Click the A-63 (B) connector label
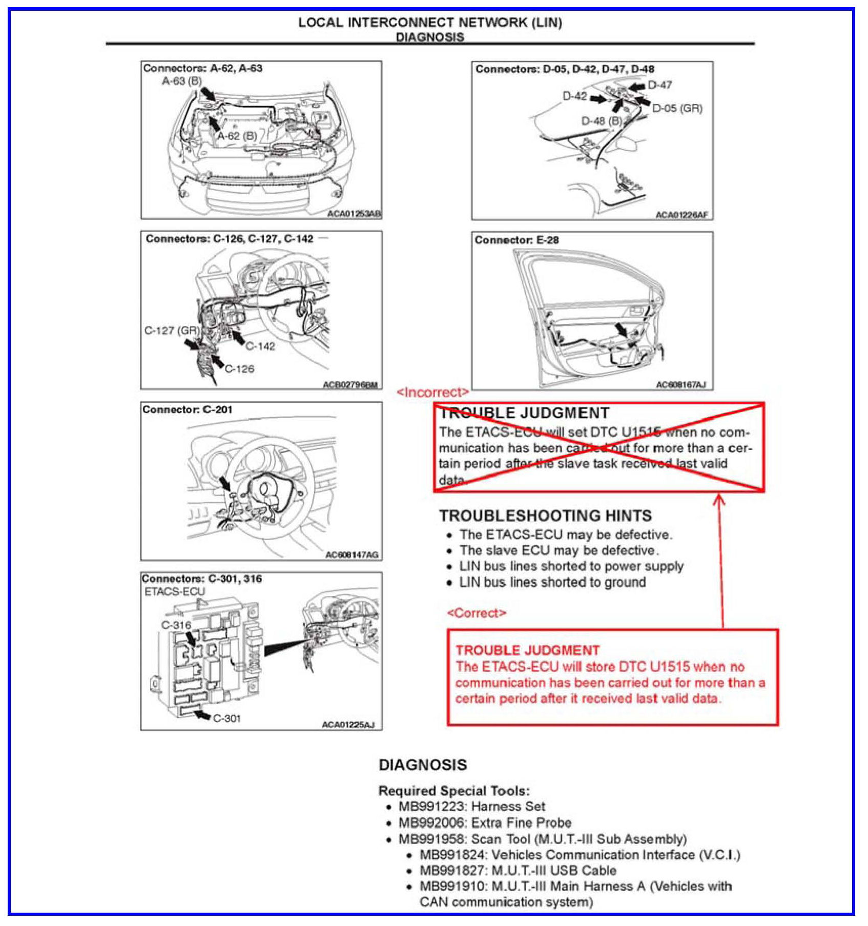pyautogui.click(x=182, y=81)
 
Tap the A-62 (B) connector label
pyautogui.click(x=237, y=136)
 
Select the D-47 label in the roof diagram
pyautogui.click(x=659, y=85)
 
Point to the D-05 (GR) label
pyautogui.click(x=677, y=109)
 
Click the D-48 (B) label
pyautogui.click(x=601, y=121)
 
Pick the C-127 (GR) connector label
pyautogui.click(x=172, y=331)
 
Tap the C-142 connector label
pyautogui.click(x=260, y=346)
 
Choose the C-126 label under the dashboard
pyautogui.click(x=239, y=368)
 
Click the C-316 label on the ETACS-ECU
pyautogui.click(x=176, y=625)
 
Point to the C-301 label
pyautogui.click(x=226, y=718)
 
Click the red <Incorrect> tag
pyautogui.click(x=433, y=392)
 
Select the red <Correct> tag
pyautogui.click(x=477, y=613)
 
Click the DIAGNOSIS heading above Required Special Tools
pyautogui.click(x=423, y=765)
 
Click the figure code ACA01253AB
pyautogui.click(x=354, y=214)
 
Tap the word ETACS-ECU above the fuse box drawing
pyautogui.click(x=174, y=591)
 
